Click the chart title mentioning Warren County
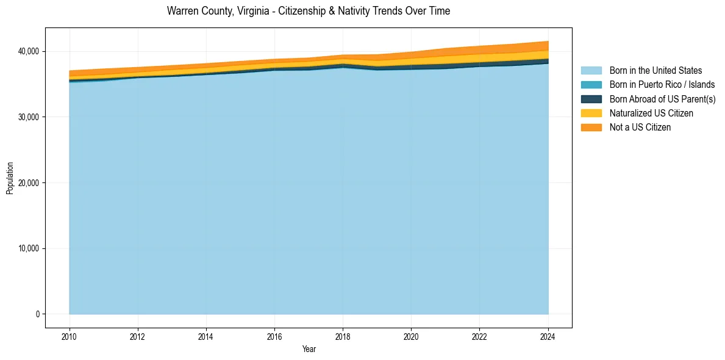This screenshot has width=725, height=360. click(309, 11)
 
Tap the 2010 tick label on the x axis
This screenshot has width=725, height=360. click(70, 336)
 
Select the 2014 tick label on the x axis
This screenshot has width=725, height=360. click(206, 336)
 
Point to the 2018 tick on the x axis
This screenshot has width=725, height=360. click(343, 336)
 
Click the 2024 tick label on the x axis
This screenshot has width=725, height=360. click(548, 336)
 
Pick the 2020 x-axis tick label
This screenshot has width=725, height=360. click(412, 336)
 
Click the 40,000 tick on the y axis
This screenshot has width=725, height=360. click(29, 51)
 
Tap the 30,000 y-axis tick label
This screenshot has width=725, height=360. click(29, 117)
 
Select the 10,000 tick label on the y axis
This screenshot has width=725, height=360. click(29, 248)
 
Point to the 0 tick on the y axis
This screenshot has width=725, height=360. click(37, 314)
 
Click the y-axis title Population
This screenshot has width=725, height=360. click(10, 178)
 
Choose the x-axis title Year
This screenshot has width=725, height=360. click(309, 349)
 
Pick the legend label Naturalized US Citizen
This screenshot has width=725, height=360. click(651, 113)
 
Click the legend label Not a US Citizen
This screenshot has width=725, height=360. click(640, 128)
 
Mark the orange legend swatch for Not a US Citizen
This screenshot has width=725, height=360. click(591, 128)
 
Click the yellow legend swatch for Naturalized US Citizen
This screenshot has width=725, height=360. click(591, 113)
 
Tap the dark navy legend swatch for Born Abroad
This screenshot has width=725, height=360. click(591, 99)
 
